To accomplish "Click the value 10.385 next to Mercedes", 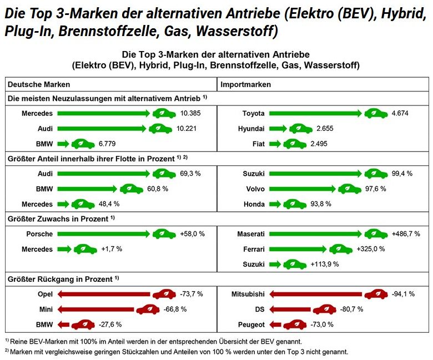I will click(x=190, y=114).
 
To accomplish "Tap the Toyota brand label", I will click(x=253, y=114).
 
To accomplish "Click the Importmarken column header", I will click(x=246, y=84).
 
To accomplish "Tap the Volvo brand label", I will click(x=255, y=189).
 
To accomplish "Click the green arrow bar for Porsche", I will click(x=103, y=234).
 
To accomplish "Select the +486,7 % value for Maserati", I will click(x=406, y=234).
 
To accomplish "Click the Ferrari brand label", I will click(x=253, y=249).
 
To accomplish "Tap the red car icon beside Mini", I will click(x=148, y=309).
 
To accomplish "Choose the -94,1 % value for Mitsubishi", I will click(x=403, y=294).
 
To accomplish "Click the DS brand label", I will click(x=259, y=309).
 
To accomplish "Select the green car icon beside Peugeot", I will click(x=295, y=324).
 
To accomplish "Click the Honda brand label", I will click(x=254, y=204).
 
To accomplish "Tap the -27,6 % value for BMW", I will click(x=111, y=324).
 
